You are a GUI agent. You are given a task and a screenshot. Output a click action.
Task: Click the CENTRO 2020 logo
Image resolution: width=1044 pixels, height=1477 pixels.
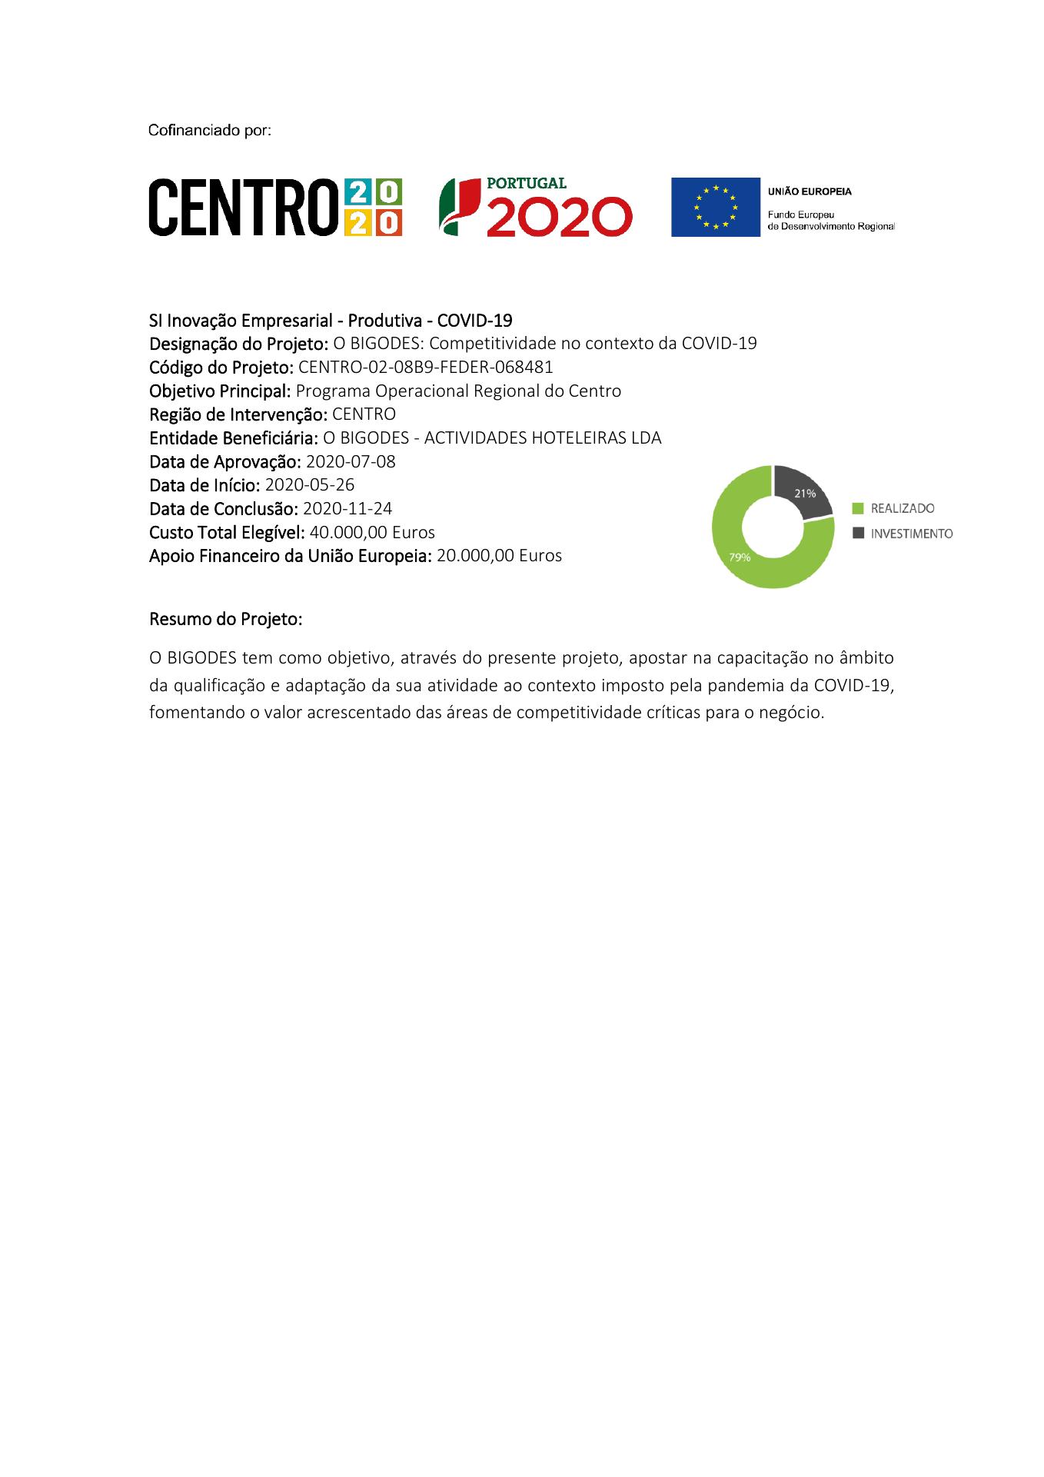274,207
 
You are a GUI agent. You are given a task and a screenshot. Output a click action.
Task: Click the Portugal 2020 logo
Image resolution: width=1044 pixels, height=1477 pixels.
535,207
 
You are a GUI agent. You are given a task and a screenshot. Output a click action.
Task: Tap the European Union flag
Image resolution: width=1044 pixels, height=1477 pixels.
715,207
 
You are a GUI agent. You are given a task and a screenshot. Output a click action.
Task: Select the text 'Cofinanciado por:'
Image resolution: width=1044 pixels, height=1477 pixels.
210,131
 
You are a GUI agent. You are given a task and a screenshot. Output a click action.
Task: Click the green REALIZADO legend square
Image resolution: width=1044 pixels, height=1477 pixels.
859,508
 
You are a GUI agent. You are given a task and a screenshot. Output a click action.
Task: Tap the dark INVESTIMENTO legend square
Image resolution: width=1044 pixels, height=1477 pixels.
859,533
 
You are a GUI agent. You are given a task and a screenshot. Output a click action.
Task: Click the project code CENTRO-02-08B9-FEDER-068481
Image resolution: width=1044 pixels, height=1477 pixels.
425,367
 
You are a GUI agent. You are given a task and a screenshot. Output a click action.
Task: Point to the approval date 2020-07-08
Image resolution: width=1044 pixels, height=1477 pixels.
351,461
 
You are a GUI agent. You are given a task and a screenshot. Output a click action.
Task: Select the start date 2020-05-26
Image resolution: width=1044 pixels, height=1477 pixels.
309,485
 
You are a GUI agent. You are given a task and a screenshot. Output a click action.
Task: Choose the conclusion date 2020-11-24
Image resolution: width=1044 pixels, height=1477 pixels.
347,509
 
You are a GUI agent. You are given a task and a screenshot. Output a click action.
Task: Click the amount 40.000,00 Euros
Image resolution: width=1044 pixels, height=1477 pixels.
372,532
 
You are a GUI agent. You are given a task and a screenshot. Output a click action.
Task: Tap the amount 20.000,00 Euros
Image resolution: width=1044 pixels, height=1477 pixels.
499,556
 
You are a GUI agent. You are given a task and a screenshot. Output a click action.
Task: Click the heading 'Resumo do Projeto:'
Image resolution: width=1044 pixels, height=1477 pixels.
225,619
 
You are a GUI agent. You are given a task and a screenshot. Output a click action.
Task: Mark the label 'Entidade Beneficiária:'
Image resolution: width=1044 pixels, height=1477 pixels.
234,438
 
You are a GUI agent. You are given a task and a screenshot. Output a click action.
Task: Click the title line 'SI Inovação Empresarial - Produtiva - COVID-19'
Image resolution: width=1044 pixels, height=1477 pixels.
331,320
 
